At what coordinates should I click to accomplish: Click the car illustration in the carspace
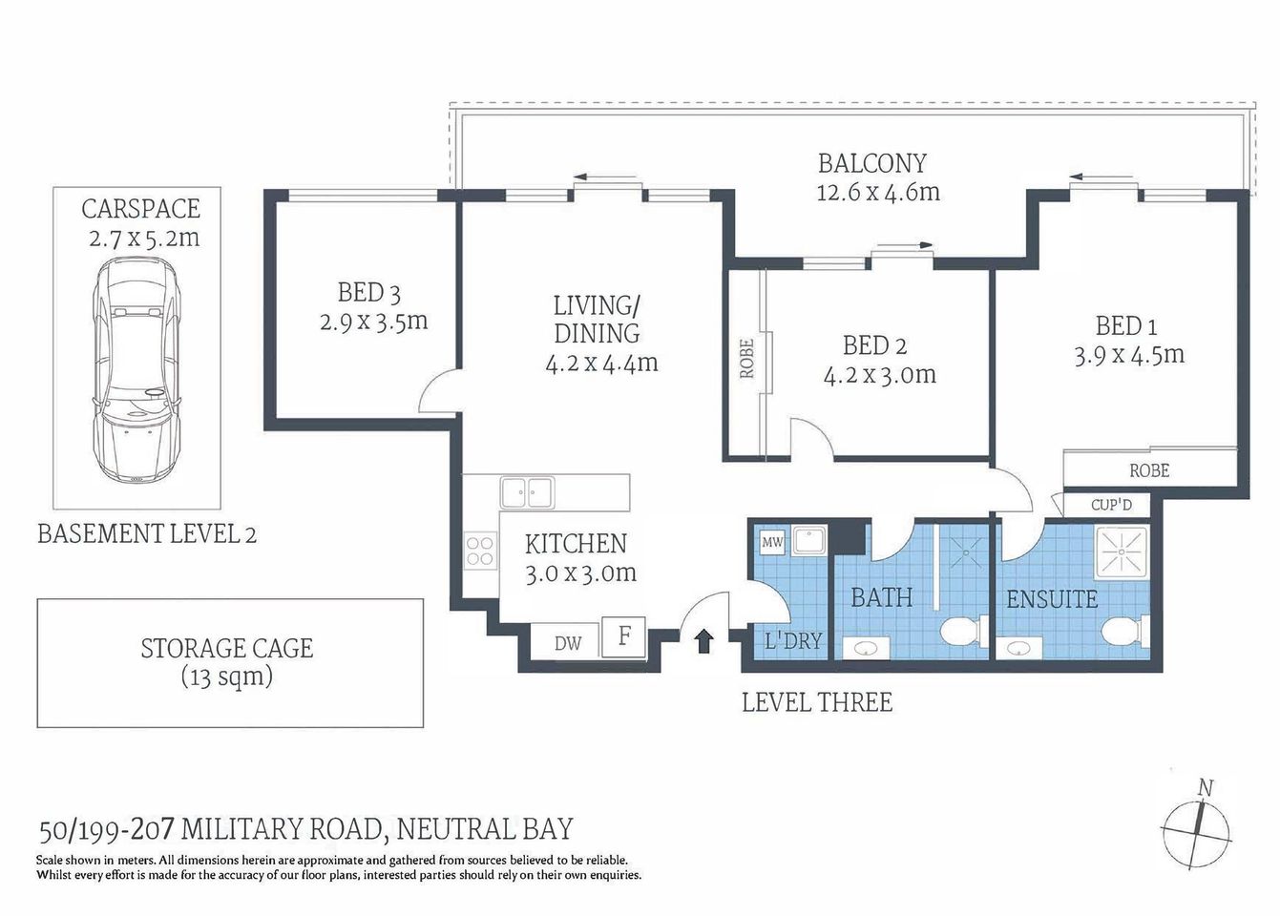(x=136, y=371)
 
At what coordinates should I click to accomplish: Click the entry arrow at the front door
(x=703, y=640)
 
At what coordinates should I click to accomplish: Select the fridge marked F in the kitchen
(x=623, y=636)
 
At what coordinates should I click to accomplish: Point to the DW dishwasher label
(x=568, y=643)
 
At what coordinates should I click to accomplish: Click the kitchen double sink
(x=526, y=492)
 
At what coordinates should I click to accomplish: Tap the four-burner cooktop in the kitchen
(x=480, y=551)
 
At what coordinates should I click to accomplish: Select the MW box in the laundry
(x=771, y=543)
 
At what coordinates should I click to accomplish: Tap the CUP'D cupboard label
(x=1111, y=504)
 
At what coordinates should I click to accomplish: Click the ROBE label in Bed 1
(x=1149, y=470)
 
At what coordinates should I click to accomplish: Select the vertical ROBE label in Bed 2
(x=746, y=359)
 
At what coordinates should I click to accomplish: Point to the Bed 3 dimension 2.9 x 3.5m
(x=373, y=322)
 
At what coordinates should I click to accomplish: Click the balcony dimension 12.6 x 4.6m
(x=877, y=192)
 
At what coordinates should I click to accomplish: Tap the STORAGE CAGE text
(x=227, y=649)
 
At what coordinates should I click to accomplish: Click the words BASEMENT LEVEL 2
(x=147, y=533)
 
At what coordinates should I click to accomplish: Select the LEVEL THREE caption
(x=817, y=703)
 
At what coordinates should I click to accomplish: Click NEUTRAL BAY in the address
(x=485, y=829)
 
